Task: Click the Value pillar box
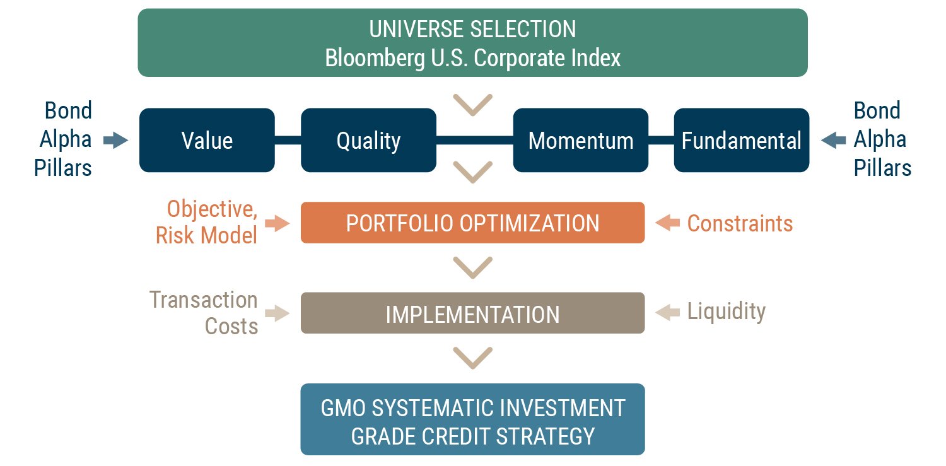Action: [x=207, y=140]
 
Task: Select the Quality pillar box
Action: [x=368, y=140]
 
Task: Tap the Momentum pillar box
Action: [x=581, y=140]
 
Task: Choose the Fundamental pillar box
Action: [x=742, y=140]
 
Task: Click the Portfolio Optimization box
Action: [x=472, y=223]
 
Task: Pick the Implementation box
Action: [x=472, y=313]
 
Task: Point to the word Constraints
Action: [x=740, y=223]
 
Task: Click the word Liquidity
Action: [x=727, y=312]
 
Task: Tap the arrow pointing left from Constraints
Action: [x=668, y=223]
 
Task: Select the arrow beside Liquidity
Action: [x=668, y=313]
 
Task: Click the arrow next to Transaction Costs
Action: [x=277, y=313]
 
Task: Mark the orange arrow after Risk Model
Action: [x=277, y=223]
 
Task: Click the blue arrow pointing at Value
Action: [x=115, y=140]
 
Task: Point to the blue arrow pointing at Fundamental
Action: [x=834, y=140]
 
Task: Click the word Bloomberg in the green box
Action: [x=375, y=58]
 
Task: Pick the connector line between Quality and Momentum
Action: [x=475, y=140]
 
